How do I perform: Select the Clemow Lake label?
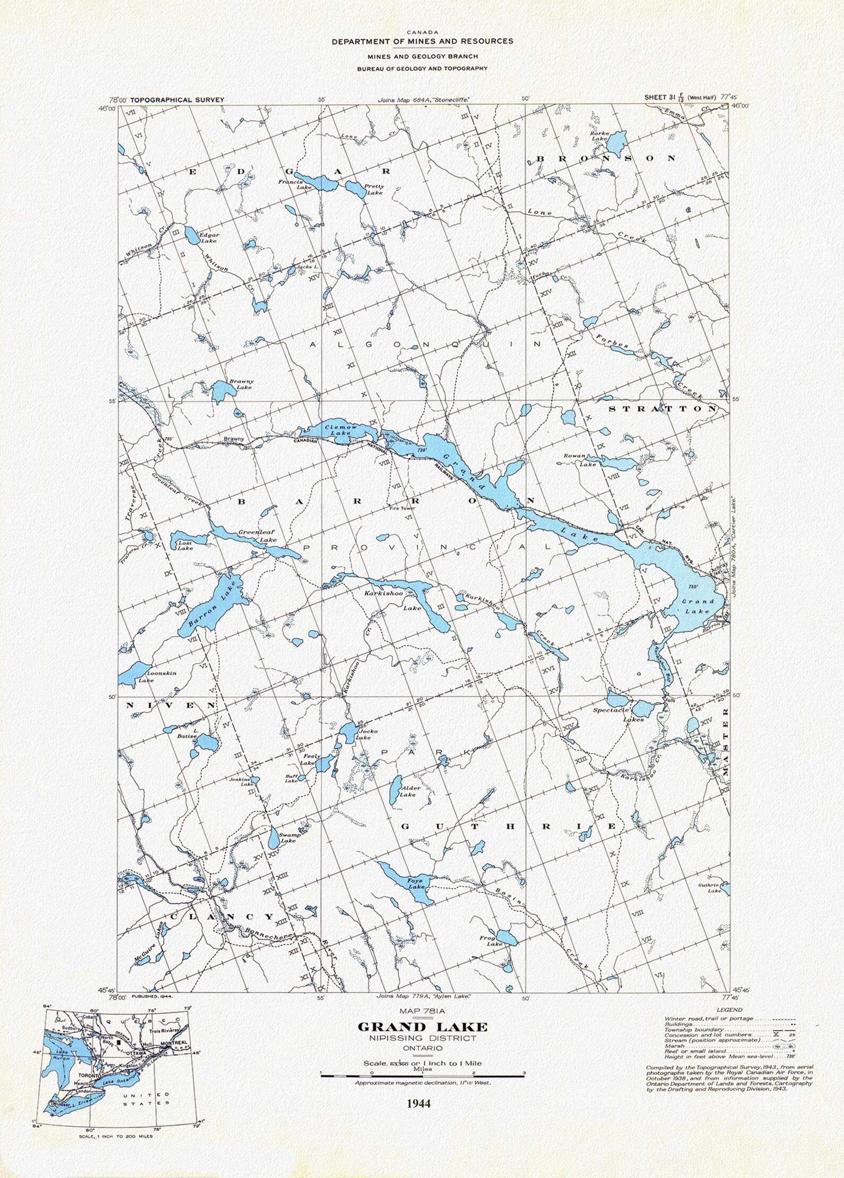tap(341, 430)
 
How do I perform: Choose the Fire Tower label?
tap(402, 508)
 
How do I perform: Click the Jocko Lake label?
tap(366, 735)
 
